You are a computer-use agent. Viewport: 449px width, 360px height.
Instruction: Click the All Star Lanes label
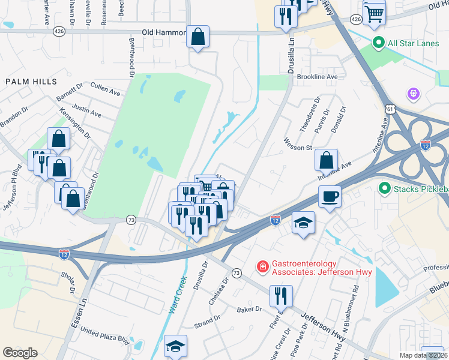414,43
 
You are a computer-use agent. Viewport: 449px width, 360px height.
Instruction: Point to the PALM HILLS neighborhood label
31,81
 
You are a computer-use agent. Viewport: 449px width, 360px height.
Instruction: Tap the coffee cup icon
330,196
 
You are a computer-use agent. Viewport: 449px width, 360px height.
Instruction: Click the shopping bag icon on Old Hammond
197,37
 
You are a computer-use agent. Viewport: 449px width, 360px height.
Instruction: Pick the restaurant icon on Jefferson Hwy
280,295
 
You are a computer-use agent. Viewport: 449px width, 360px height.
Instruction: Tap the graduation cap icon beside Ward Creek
175,346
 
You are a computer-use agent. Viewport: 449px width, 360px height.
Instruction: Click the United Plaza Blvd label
104,334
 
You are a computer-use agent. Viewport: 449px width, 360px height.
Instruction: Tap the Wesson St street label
298,147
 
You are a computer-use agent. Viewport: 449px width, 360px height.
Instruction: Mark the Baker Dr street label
250,310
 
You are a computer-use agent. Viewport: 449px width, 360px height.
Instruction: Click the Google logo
20,352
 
